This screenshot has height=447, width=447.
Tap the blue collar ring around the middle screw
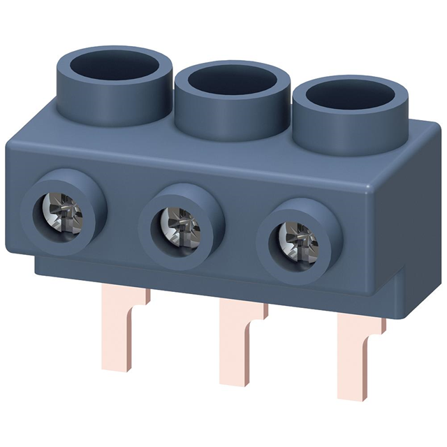tap(152, 222)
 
